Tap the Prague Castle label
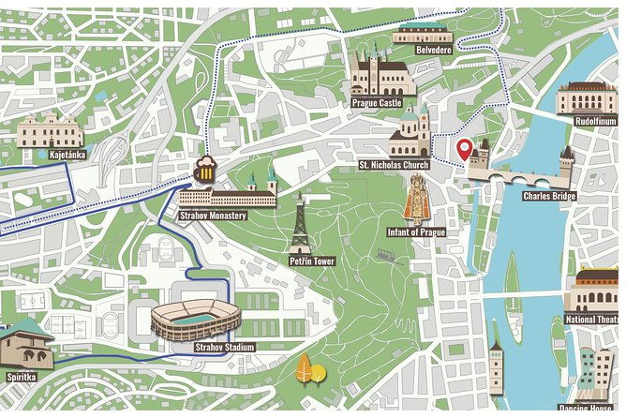pyautogui.click(x=377, y=103)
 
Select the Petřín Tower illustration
pyautogui.click(x=300, y=224)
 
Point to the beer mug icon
pyautogui.click(x=204, y=172)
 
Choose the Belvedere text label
pyautogui.click(x=434, y=50)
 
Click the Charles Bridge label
pyautogui.click(x=549, y=196)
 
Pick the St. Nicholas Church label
pyautogui.click(x=394, y=165)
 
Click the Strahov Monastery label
pyautogui.click(x=213, y=216)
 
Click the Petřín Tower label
pyautogui.click(x=312, y=261)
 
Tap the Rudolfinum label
pyautogui.click(x=594, y=120)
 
